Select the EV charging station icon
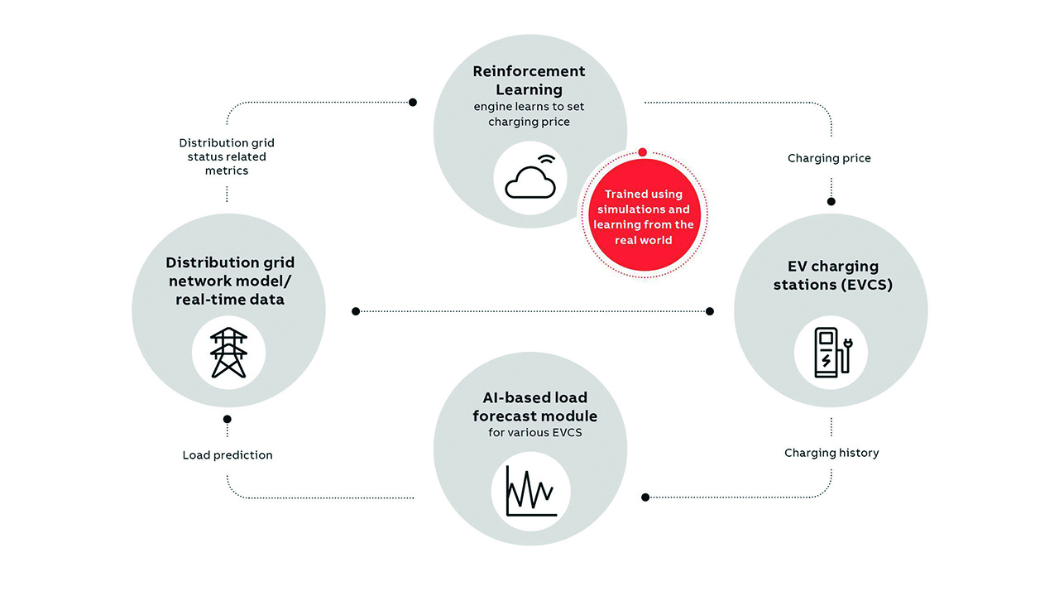coord(830,353)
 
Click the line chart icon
coord(530,490)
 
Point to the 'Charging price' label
coord(829,158)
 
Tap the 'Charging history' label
coord(831,453)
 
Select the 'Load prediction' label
coord(228,454)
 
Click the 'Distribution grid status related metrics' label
coord(227,156)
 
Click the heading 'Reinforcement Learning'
coord(529,80)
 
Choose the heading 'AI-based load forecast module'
coord(529,406)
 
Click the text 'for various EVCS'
coord(529,433)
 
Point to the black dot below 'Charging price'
coord(831,201)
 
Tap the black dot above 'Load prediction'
coord(228,419)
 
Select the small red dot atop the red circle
coord(643,152)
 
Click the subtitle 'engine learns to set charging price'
coord(529,114)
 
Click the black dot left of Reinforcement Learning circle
coord(413,103)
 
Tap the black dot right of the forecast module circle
coord(645,497)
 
